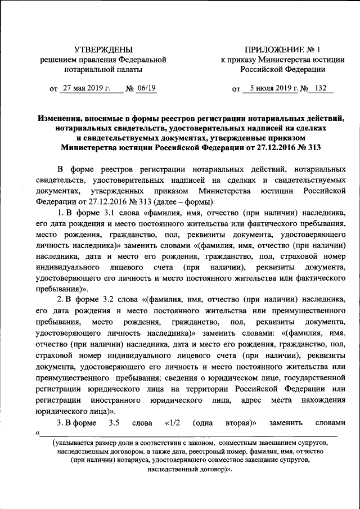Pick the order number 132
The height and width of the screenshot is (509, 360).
pyautogui.click(x=321, y=88)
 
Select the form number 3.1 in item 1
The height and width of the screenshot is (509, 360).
pyautogui.click(x=112, y=213)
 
